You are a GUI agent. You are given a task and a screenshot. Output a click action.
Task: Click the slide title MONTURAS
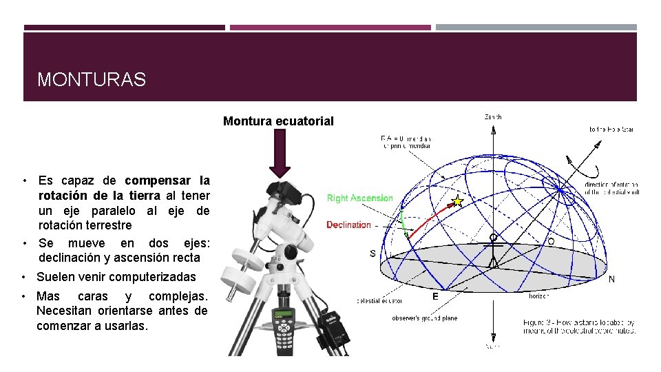[92, 80]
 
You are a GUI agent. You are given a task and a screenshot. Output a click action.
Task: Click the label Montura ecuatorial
[278, 121]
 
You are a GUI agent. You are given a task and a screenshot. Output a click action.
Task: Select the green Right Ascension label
[359, 198]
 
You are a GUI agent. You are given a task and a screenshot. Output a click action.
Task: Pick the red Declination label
[348, 225]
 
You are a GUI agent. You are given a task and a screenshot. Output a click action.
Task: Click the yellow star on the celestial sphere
[455, 202]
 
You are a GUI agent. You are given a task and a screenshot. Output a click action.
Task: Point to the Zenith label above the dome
[493, 117]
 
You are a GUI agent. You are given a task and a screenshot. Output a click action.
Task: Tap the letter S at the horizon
[373, 254]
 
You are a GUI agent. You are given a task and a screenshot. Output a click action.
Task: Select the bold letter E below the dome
[435, 297]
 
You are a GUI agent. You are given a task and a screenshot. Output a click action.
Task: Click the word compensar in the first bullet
[158, 181]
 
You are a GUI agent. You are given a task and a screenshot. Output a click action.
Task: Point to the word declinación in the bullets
[72, 258]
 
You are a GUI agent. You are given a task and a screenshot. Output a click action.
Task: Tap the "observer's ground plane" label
[424, 318]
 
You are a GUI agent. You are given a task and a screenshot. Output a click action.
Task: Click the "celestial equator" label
[379, 300]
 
